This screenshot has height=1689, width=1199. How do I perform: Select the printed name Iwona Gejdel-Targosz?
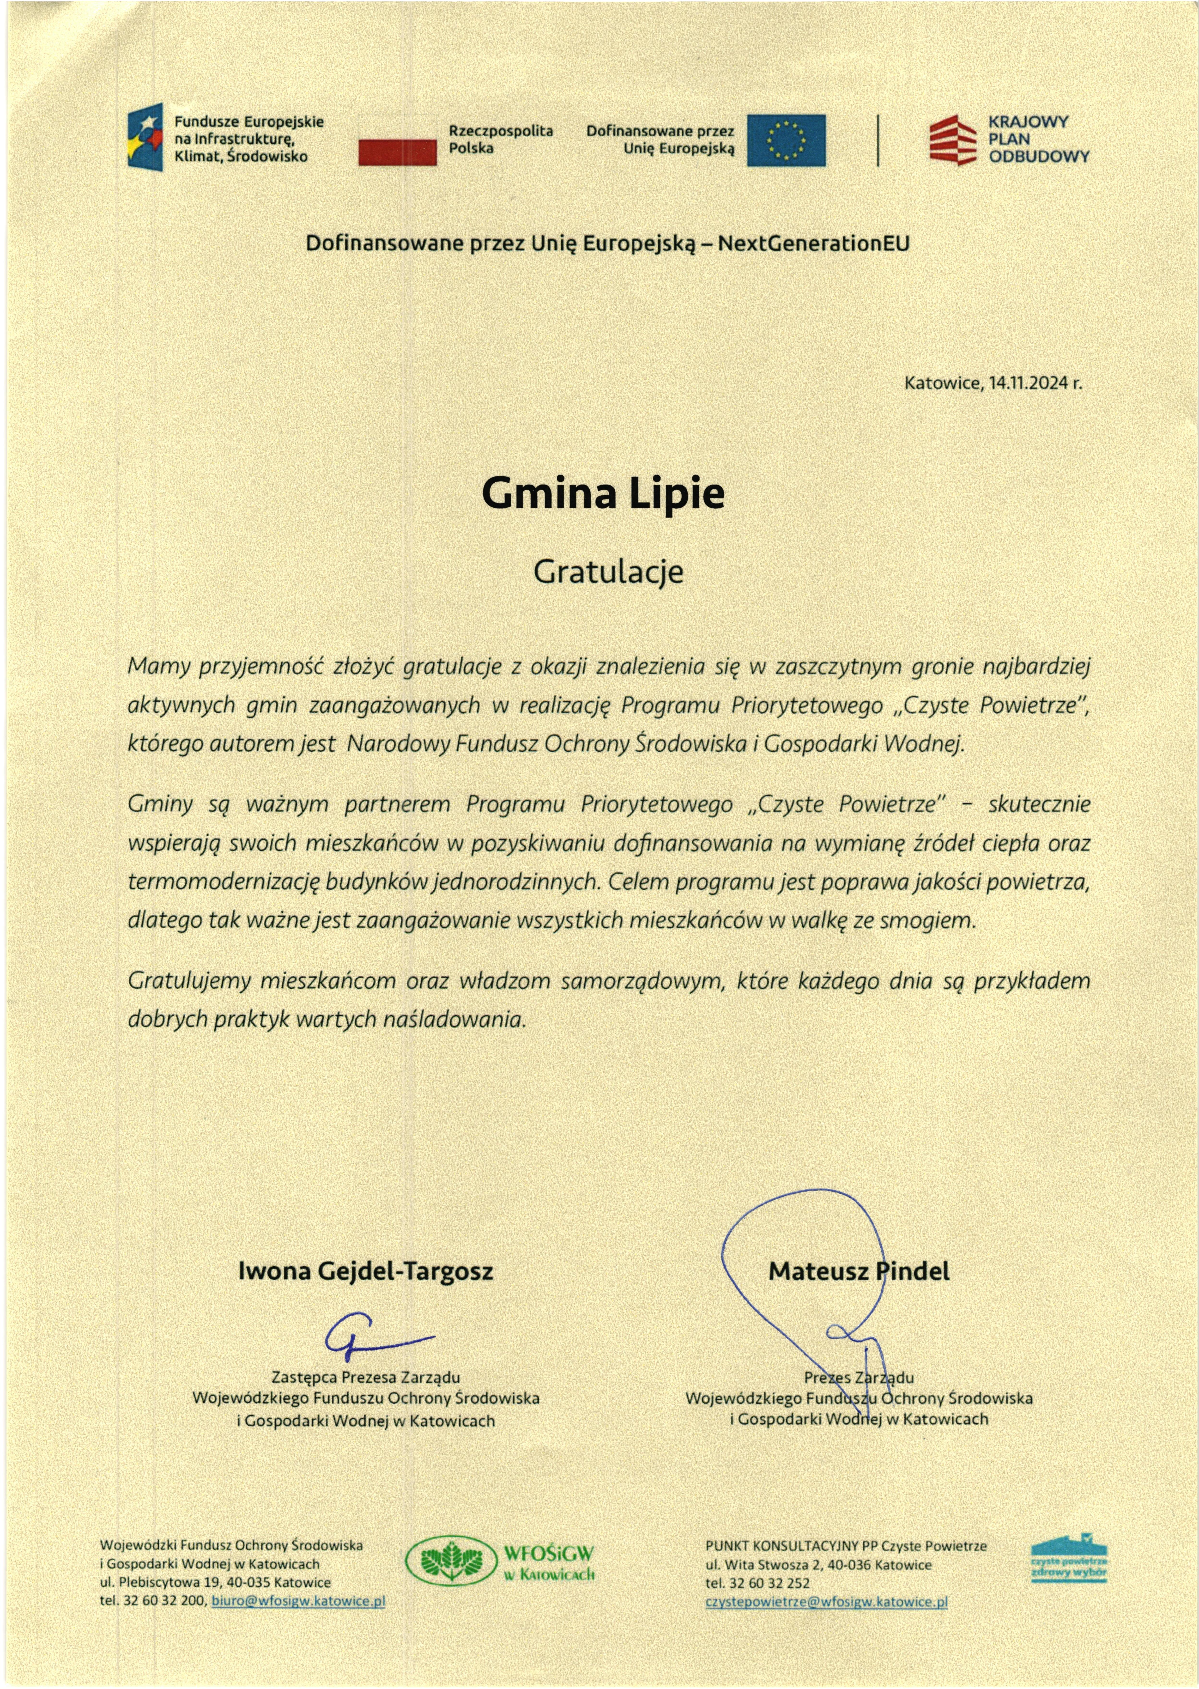365,1271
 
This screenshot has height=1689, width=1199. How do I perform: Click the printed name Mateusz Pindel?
859,1271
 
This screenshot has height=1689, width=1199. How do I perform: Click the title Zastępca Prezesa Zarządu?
365,1378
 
